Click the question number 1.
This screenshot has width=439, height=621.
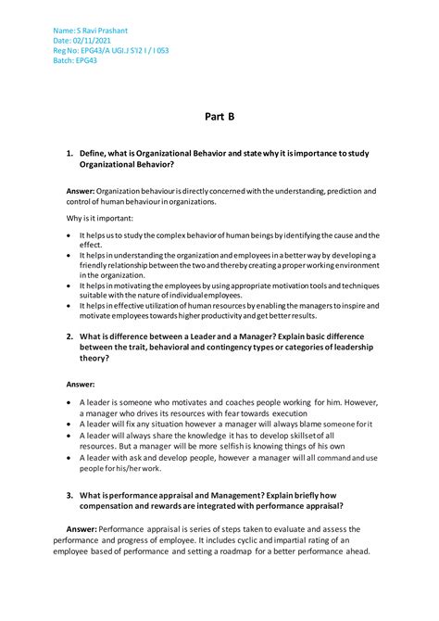[69, 152]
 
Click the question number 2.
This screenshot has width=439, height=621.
[69, 335]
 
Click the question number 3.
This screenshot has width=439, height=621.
[69, 495]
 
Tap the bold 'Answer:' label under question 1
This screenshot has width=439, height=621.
[81, 191]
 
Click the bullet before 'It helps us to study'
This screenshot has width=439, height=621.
[69, 235]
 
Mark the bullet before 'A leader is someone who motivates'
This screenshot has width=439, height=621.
[69, 402]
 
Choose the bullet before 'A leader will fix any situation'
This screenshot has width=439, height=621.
[69, 424]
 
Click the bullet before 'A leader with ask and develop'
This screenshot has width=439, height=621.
[69, 457]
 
